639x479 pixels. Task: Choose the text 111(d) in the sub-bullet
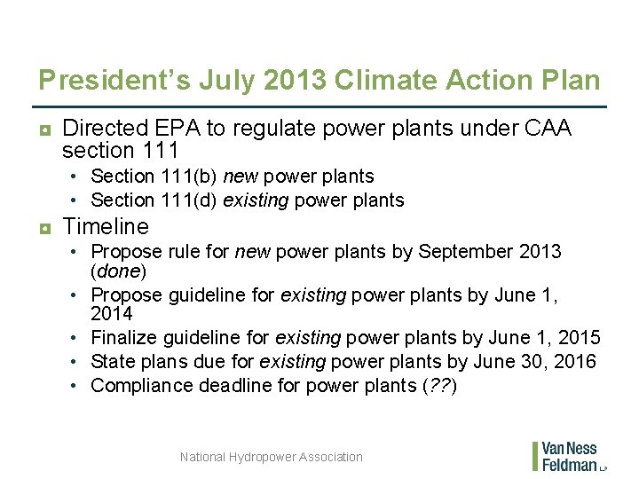(x=190, y=200)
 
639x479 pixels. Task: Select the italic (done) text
(x=119, y=270)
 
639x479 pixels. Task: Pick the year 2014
(x=112, y=313)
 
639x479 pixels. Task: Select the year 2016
(x=575, y=361)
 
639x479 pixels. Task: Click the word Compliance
(x=138, y=385)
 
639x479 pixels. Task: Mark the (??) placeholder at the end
(x=441, y=385)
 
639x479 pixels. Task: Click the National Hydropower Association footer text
(x=271, y=457)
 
